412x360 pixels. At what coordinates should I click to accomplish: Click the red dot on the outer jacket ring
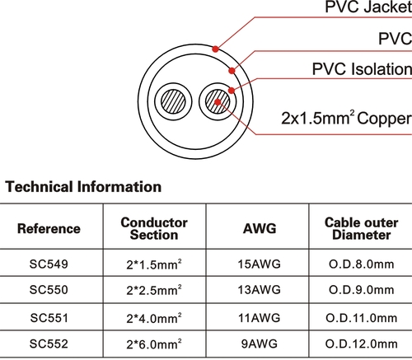(x=216, y=49)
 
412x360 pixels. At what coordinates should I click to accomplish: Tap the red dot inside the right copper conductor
(x=218, y=102)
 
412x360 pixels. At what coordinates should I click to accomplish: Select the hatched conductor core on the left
(x=173, y=101)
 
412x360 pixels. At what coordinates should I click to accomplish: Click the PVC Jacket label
(x=368, y=7)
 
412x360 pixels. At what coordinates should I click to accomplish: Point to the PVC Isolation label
(x=362, y=68)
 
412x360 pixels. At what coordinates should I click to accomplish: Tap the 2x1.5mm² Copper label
(x=347, y=118)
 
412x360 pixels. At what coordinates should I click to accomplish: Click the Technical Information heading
(x=83, y=187)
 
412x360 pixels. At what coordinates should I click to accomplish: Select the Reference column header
(x=49, y=228)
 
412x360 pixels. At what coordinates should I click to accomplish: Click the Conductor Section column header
(x=154, y=228)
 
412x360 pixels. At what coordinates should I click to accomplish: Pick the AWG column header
(x=260, y=228)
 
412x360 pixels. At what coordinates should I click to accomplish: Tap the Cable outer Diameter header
(x=362, y=228)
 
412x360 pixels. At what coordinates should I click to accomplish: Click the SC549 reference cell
(x=49, y=264)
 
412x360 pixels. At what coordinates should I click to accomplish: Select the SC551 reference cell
(x=49, y=318)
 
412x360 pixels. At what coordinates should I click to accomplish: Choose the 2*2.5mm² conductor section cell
(x=154, y=290)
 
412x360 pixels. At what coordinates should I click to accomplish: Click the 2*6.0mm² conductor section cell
(x=154, y=344)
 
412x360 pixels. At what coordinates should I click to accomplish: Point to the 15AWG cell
(x=260, y=264)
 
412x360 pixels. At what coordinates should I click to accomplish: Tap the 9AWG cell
(x=260, y=344)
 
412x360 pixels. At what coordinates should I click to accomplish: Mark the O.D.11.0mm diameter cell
(x=362, y=318)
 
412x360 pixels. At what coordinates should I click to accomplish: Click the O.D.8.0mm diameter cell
(x=362, y=264)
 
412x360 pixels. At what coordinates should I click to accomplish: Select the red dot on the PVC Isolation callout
(x=232, y=91)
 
